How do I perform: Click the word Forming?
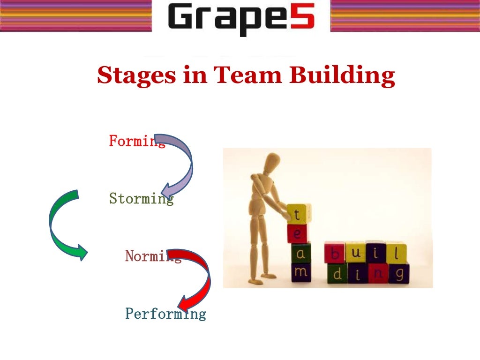[x=136, y=141]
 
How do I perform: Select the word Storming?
[x=141, y=199]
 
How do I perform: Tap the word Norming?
[x=152, y=256]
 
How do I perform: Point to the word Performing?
[x=165, y=313]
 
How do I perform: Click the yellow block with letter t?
[x=298, y=214]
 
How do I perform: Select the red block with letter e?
[x=298, y=233]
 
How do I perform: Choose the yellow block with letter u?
[x=355, y=252]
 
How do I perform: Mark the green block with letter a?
[x=300, y=253]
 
